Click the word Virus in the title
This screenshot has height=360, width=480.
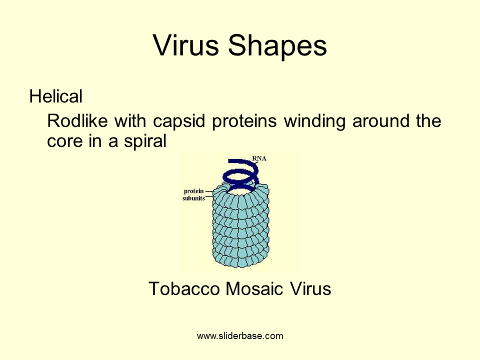[186, 45]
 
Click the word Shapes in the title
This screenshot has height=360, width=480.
[277, 46]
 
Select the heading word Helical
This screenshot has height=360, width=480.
[55, 96]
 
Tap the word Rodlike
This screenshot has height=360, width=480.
[77, 120]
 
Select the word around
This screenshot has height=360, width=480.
[380, 121]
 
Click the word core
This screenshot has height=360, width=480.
[64, 141]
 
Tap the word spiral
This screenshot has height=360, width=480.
[145, 141]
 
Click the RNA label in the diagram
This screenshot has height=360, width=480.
[259, 158]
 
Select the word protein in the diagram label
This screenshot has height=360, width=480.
[194, 191]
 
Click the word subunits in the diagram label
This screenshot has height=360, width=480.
[194, 198]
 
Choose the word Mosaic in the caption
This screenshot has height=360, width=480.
[254, 288]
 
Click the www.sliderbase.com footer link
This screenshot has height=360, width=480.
[240, 336]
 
